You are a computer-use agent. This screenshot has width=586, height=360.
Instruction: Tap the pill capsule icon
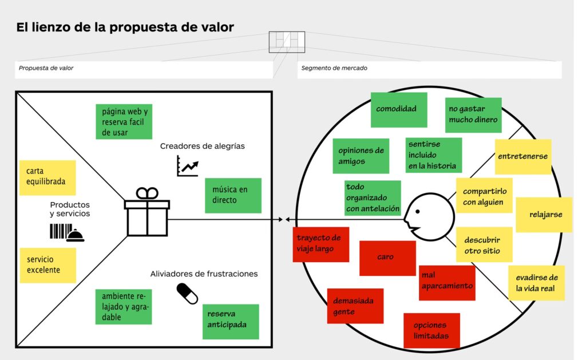click(x=187, y=294)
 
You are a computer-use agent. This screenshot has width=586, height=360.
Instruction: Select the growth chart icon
click(x=188, y=166)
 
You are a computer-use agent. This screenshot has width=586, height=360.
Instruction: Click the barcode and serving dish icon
click(x=66, y=232)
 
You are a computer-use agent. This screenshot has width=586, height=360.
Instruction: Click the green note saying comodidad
click(x=398, y=109)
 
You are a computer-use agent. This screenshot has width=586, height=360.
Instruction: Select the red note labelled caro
click(x=387, y=258)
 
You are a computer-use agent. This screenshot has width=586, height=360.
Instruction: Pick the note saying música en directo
click(x=232, y=195)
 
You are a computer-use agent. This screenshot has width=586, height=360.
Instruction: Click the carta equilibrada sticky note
click(x=47, y=177)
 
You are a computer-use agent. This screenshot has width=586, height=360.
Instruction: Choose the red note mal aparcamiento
click(x=447, y=282)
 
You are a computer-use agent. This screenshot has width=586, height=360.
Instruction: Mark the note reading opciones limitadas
click(x=431, y=330)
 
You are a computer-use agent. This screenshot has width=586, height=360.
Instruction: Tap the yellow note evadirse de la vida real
click(x=536, y=283)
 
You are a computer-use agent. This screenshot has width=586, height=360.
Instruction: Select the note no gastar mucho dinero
click(x=473, y=114)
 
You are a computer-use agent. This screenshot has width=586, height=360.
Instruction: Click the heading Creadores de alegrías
click(x=203, y=146)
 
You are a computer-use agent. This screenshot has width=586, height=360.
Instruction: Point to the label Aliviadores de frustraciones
click(x=204, y=274)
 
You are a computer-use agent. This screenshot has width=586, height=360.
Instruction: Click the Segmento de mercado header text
click(x=335, y=68)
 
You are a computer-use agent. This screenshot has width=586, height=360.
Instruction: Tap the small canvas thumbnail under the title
click(x=287, y=42)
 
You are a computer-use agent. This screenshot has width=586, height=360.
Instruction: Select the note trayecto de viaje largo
click(x=320, y=244)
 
